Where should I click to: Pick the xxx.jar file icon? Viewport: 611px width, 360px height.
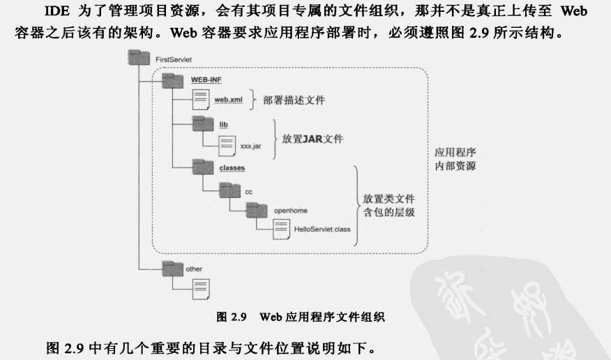(x=227, y=146)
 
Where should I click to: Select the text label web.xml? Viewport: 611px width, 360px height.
(x=227, y=100)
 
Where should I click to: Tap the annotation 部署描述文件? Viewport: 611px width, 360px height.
(x=294, y=100)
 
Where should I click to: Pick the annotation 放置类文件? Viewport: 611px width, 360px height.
(x=389, y=199)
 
